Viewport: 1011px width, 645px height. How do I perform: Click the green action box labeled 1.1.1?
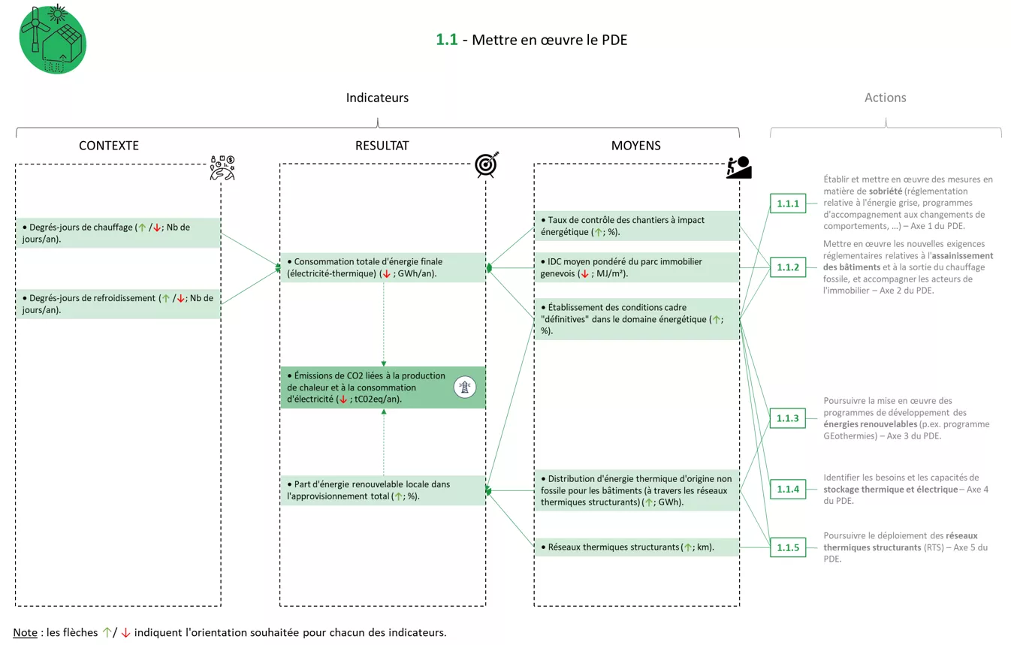point(787,203)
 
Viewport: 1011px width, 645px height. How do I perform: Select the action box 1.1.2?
point(787,267)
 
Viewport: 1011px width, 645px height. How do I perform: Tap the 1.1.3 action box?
point(787,418)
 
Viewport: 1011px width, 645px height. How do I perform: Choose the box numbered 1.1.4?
point(787,490)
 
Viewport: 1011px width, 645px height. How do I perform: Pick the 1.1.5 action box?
point(787,547)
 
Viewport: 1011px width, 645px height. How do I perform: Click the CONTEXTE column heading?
point(109,146)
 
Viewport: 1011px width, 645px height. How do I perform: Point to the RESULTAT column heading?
point(382,146)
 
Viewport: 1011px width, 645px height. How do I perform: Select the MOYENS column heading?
point(635,146)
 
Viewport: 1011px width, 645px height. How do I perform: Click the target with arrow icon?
point(486,164)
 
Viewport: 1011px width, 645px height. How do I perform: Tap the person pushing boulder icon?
point(738,167)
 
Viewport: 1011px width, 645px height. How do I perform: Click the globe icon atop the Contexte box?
point(222,168)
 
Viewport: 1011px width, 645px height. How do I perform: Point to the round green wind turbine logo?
point(52,40)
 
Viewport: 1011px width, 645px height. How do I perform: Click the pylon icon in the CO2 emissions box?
point(465,387)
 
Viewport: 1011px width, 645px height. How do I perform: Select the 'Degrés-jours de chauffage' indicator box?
point(118,233)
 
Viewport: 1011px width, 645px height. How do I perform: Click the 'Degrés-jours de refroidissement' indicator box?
point(118,303)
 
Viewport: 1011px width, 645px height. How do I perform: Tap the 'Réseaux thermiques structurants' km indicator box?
point(636,547)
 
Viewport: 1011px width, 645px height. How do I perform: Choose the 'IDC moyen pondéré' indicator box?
point(636,267)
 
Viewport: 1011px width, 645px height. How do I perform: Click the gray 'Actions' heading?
point(885,98)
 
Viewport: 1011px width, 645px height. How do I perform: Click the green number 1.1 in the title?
point(446,40)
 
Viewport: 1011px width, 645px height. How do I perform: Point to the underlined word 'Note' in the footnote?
point(25,632)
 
